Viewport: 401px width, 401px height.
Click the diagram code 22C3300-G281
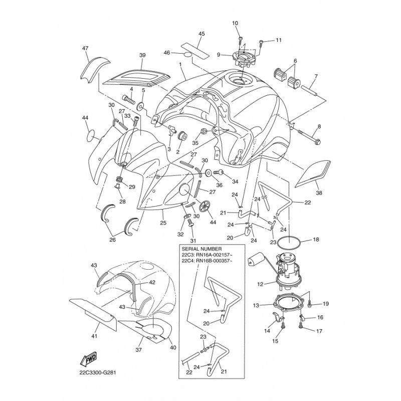pos(97,373)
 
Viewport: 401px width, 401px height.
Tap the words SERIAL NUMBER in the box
pos(202,249)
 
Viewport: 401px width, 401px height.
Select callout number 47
pos(85,48)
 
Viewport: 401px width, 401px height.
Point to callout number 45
pos(202,34)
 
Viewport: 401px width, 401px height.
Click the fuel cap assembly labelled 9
pos(244,58)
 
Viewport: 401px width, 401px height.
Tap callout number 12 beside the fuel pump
pos(260,284)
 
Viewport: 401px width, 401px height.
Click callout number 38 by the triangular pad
pos(319,193)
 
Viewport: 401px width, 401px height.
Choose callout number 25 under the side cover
pos(163,223)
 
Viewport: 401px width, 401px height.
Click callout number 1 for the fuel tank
pos(180,65)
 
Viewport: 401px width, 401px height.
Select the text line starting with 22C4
pos(208,261)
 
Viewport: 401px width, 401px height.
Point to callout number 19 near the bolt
pos(325,304)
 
